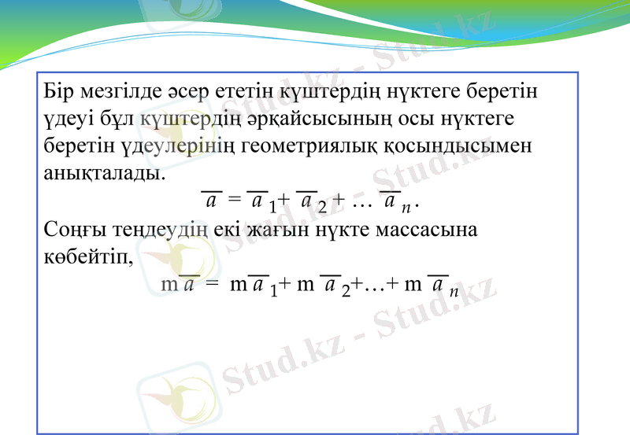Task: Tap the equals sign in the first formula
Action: [x=234, y=202]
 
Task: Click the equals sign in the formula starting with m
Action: [x=210, y=285]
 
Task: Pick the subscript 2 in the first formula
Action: [x=321, y=208]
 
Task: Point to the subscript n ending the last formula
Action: [x=454, y=292]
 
